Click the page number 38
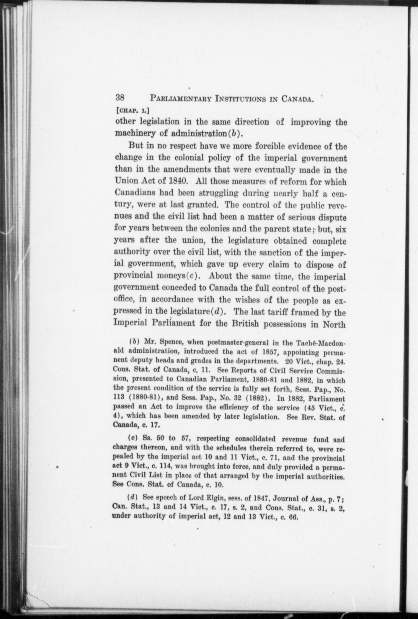[120, 98]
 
